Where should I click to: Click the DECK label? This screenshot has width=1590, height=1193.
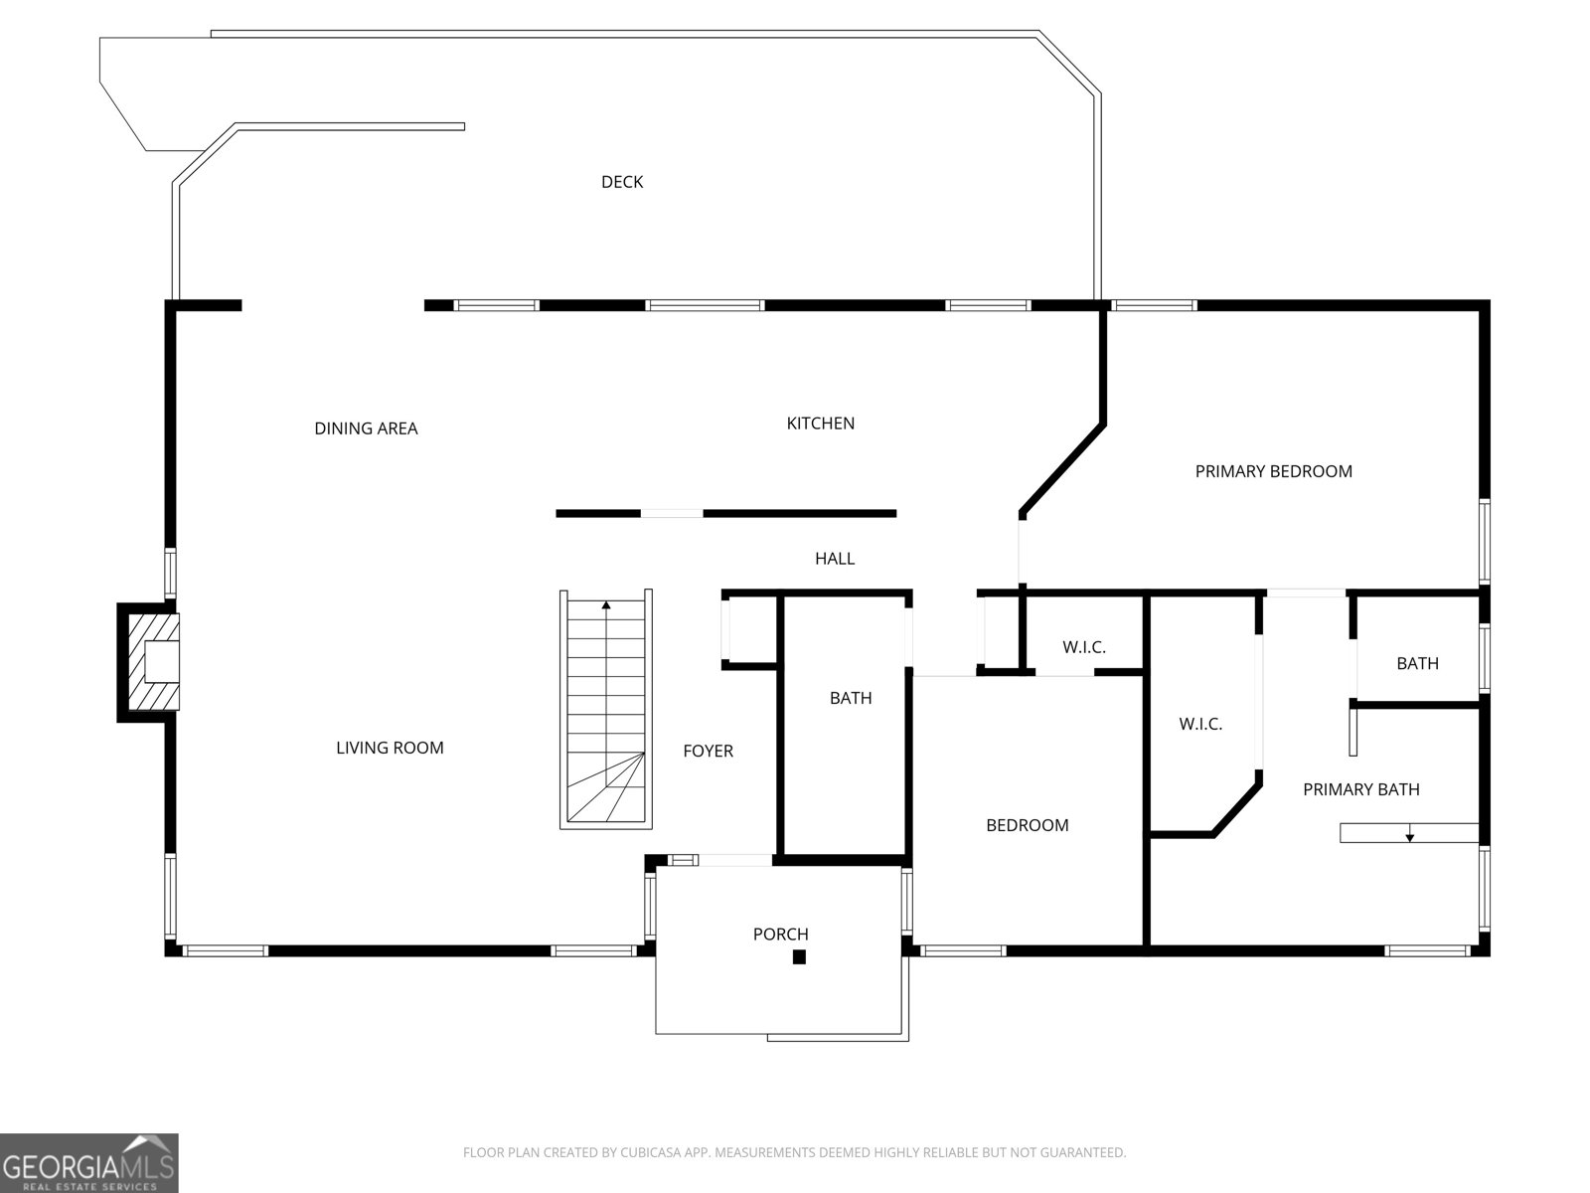tap(622, 182)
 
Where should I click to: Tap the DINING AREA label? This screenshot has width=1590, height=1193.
tap(366, 428)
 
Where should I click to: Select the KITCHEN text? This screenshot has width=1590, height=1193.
tap(820, 424)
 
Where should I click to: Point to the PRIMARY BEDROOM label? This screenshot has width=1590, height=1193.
tap(1273, 471)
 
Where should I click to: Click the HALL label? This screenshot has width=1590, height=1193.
tap(835, 559)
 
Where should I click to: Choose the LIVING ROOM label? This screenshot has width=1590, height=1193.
tap(390, 748)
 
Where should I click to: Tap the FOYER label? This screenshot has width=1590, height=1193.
tap(708, 752)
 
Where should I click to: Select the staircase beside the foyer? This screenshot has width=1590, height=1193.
tap(606, 711)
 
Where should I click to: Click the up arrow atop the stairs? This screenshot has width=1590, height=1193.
tap(606, 604)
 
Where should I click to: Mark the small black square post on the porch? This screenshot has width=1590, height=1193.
tap(798, 957)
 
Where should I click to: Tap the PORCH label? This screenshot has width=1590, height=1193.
tap(780, 935)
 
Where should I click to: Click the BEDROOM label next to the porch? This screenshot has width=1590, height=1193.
tap(1027, 825)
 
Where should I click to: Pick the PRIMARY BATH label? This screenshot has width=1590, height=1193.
tap(1360, 789)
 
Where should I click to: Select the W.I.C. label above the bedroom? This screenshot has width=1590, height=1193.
tap(1083, 647)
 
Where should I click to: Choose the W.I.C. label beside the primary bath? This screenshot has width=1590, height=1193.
tap(1200, 725)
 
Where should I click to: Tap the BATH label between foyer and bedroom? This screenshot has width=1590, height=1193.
tap(851, 698)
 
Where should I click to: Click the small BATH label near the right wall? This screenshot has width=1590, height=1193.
tap(1417, 663)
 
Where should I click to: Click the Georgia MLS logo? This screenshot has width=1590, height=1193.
tap(88, 1163)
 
